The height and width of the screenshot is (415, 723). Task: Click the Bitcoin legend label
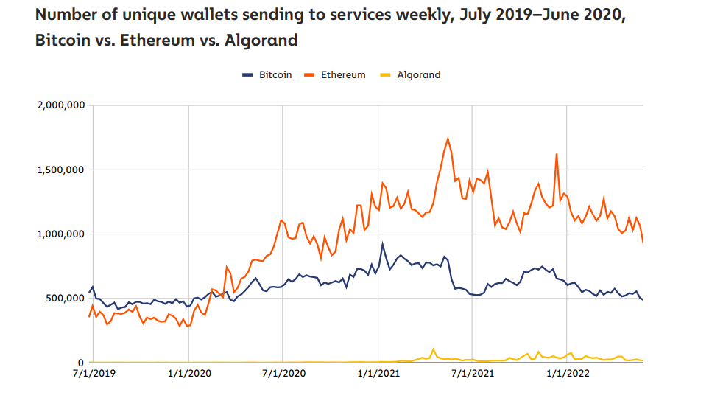(x=275, y=74)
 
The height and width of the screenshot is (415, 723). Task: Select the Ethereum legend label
(x=343, y=74)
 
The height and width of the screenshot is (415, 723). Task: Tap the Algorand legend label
(x=418, y=74)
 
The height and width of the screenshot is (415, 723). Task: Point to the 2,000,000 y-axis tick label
(x=60, y=105)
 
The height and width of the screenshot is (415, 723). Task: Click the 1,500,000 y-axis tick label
(x=60, y=170)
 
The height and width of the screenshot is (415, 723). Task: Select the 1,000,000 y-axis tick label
(x=60, y=234)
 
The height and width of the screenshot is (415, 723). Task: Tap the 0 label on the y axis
(x=82, y=363)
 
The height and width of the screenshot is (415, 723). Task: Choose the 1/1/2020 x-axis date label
(x=188, y=374)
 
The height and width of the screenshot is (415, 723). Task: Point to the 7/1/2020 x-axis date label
(x=283, y=374)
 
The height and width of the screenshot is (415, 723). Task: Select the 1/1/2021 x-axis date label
(x=378, y=374)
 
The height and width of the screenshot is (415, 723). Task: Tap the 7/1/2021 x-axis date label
(x=473, y=374)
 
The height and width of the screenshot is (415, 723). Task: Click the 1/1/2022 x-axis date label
(x=567, y=374)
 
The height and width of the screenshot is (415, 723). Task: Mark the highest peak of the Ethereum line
(x=448, y=138)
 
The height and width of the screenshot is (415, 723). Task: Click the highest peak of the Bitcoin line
(x=382, y=244)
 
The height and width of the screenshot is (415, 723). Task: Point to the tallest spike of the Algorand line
(x=433, y=349)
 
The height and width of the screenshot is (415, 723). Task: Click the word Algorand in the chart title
(x=261, y=40)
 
